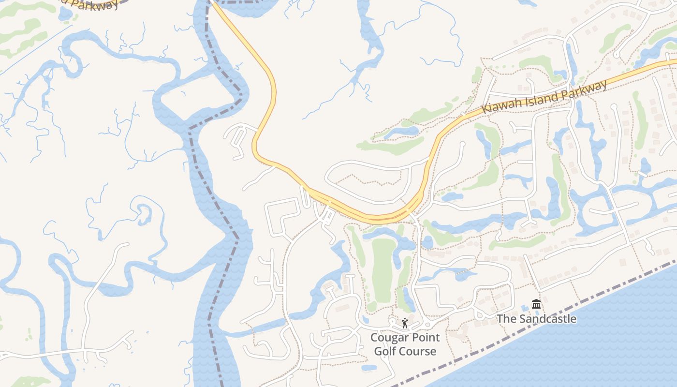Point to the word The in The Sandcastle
tap(507, 319)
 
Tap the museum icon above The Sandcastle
tap(536, 305)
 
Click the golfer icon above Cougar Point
tap(405, 323)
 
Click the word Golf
tap(385, 351)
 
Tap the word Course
tap(417, 351)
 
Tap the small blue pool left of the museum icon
tap(525, 308)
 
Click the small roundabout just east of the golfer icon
tap(427, 325)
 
